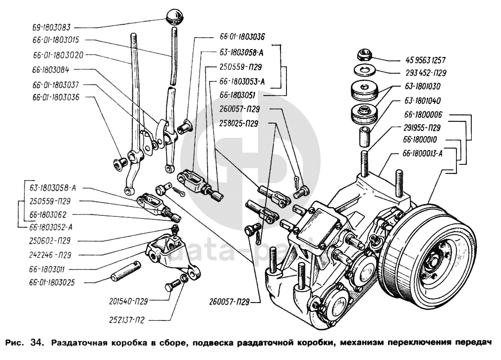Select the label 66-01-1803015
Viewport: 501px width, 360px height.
[x=56, y=39]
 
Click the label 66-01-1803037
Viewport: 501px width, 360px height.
[x=56, y=85]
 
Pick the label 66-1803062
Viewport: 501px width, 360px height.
[x=51, y=215]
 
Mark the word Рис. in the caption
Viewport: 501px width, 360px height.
[x=14, y=343]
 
